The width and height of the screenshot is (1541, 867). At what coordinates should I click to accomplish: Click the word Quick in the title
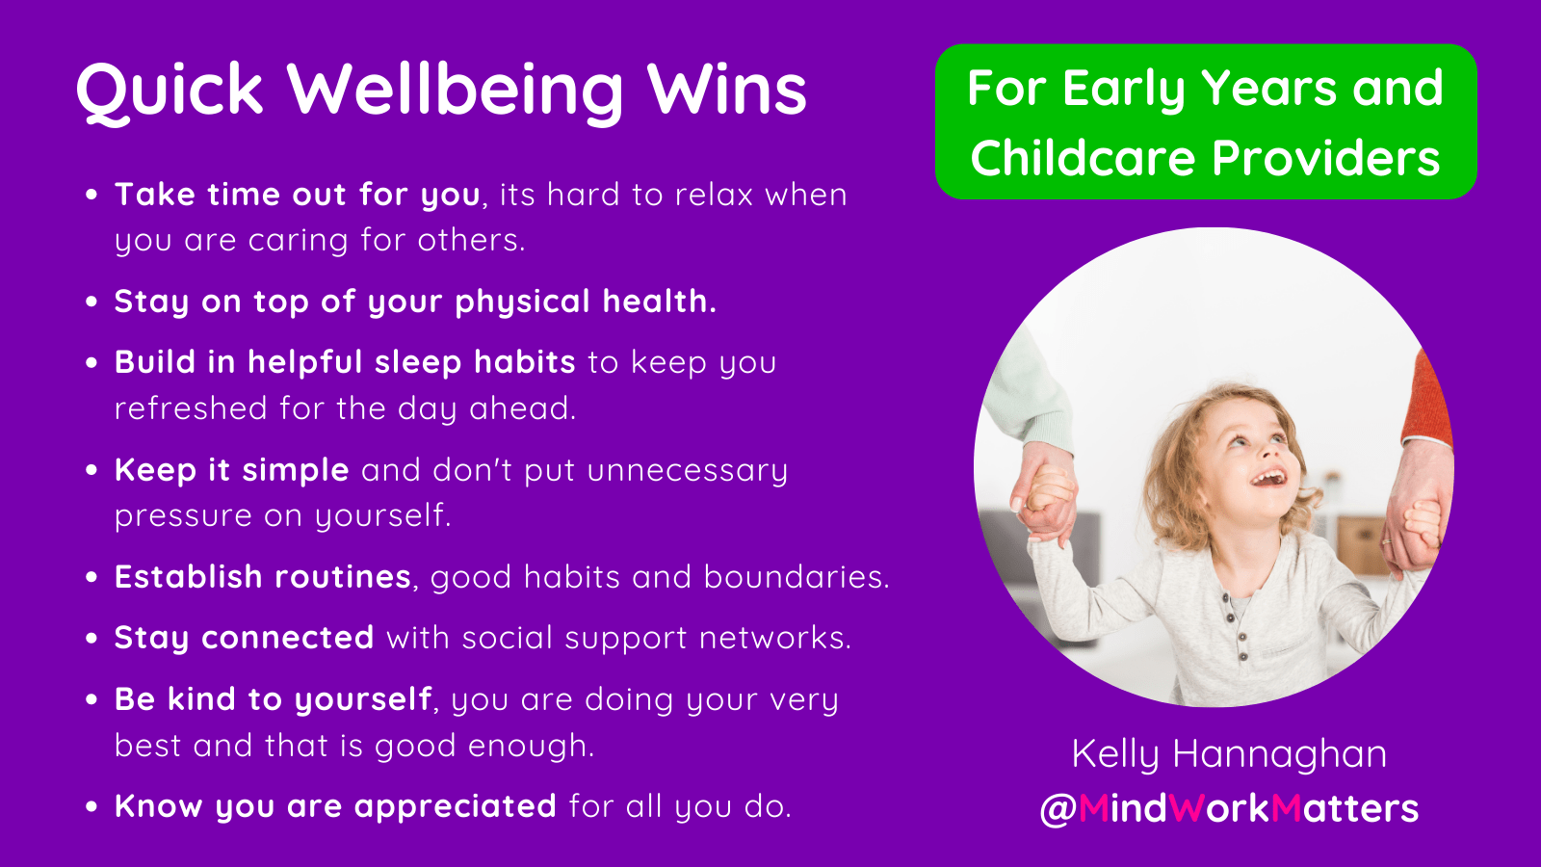tap(170, 91)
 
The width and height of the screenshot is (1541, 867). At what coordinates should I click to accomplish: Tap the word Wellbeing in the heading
tap(455, 91)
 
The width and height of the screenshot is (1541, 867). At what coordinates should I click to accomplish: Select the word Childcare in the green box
tap(1083, 158)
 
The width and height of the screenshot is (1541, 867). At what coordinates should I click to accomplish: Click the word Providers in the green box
tap(1325, 158)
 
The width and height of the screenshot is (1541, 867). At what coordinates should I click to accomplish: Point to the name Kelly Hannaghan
tap(1229, 753)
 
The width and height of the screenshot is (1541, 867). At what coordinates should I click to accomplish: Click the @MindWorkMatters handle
tap(1229, 808)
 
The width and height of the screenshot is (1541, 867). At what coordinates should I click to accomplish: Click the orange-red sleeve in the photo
tap(1425, 399)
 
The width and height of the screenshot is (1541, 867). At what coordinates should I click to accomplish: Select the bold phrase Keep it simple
tap(232, 471)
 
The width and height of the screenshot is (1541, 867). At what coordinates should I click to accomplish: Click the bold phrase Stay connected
tap(245, 638)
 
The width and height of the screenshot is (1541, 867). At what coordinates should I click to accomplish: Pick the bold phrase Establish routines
tap(263, 577)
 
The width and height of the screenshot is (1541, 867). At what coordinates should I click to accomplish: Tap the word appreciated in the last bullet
tap(456, 806)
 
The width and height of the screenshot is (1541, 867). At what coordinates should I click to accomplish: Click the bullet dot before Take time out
tap(91, 195)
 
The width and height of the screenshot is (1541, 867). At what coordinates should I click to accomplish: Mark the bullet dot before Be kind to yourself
tap(91, 699)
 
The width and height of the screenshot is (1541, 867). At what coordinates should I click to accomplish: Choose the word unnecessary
tap(688, 472)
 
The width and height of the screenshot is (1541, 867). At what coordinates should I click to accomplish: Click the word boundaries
tap(796, 577)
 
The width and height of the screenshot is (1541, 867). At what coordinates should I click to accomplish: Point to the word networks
tap(775, 638)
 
